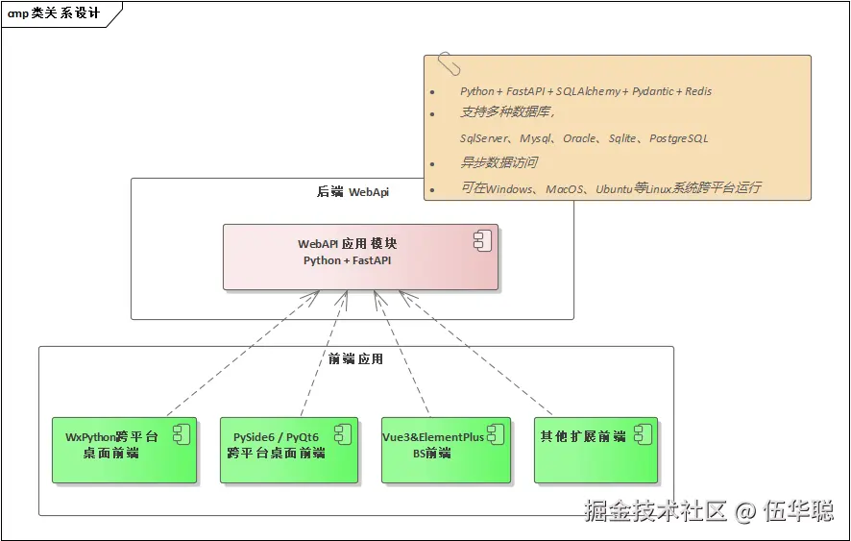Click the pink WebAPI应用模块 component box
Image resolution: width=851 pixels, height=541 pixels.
tap(360, 257)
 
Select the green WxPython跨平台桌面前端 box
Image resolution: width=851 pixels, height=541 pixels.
tap(124, 450)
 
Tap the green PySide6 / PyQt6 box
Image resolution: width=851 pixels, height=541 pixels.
tap(288, 450)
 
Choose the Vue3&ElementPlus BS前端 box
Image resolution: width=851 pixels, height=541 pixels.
tap(446, 450)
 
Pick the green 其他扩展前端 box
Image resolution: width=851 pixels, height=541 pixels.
tap(596, 450)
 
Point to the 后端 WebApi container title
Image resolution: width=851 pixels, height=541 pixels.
tap(353, 192)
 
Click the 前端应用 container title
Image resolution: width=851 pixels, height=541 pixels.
tap(355, 359)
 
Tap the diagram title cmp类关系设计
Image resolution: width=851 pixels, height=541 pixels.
tap(53, 13)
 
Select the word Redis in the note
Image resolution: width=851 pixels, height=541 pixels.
tap(697, 91)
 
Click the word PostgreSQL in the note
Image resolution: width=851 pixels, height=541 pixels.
tap(678, 138)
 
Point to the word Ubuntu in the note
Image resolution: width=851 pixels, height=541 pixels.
tap(614, 188)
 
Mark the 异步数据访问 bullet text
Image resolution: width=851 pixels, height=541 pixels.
tap(498, 162)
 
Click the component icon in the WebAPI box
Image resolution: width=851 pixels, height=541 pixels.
tap(482, 241)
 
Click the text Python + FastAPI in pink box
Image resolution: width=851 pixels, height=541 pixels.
tap(347, 260)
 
